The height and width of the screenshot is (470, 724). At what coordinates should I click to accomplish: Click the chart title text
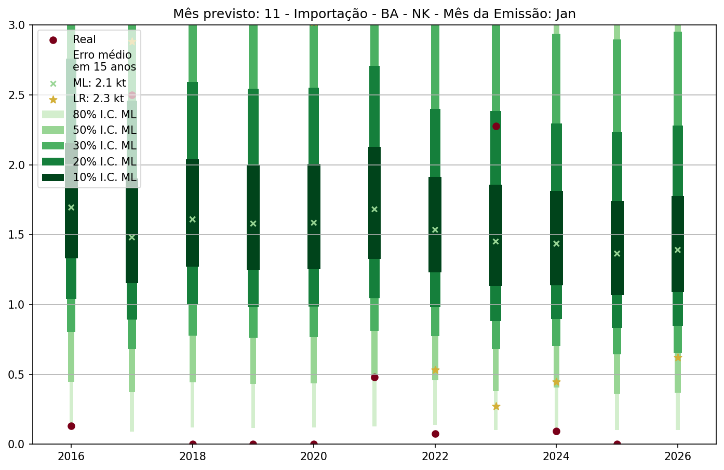[x=374, y=13]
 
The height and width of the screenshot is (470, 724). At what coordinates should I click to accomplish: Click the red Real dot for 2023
[x=496, y=126]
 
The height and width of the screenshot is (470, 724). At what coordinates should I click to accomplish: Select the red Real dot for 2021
[x=374, y=377]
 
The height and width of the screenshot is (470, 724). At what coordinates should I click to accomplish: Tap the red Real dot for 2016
[x=71, y=426]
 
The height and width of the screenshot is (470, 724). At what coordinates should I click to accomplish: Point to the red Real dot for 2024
[x=556, y=431]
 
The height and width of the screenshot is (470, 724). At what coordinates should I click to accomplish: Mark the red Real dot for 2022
[x=435, y=434]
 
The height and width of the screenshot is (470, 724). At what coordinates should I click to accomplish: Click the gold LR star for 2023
[x=496, y=406]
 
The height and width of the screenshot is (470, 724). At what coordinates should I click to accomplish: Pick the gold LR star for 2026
[x=678, y=357]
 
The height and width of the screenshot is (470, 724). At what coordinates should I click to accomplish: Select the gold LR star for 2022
[x=435, y=370]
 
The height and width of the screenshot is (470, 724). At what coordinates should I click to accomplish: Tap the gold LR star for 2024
[x=556, y=382]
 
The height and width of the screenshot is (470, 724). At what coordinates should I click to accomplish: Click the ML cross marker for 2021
[x=374, y=209]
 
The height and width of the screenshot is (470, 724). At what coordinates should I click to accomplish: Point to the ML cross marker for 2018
[x=193, y=219]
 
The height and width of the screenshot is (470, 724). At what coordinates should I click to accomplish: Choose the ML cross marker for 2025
[x=617, y=254]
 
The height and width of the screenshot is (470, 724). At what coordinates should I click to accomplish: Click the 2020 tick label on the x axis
[x=314, y=457]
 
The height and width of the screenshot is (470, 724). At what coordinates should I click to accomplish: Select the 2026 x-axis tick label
[x=678, y=457]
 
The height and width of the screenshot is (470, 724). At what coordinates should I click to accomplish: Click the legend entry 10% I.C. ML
[x=104, y=177]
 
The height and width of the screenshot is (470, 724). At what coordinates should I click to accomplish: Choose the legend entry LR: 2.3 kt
[x=98, y=99]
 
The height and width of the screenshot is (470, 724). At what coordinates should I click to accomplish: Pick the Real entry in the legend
[x=84, y=39]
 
